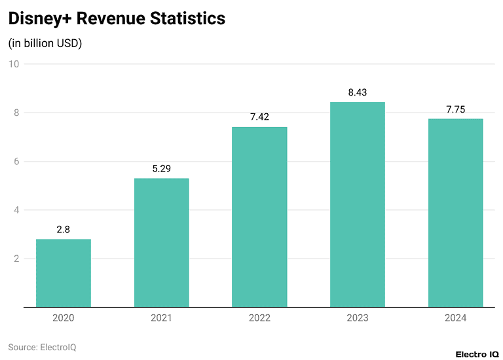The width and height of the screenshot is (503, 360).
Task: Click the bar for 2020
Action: [64, 273]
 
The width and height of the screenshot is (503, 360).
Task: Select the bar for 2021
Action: [161, 243]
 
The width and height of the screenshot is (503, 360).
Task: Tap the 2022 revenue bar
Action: [259, 217]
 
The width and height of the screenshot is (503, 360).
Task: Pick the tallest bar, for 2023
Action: [358, 204]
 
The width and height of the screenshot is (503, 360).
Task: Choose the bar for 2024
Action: [455, 213]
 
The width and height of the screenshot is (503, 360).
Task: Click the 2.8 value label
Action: [64, 230]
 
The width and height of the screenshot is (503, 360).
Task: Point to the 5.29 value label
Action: [161, 169]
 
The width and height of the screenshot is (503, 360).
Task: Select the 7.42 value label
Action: [259, 117]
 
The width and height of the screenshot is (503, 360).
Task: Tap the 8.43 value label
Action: [358, 92]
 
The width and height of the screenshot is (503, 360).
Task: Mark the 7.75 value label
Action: [455, 109]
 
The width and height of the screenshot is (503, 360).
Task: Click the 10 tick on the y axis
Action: [14, 64]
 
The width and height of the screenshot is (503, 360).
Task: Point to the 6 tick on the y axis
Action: [16, 162]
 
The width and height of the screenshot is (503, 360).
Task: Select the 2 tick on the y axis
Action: [16, 259]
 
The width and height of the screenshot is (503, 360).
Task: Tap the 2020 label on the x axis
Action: [64, 318]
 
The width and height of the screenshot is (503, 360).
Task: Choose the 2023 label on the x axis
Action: [358, 318]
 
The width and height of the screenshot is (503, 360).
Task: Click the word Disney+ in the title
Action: [40, 19]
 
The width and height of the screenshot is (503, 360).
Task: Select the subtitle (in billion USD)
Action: [45, 43]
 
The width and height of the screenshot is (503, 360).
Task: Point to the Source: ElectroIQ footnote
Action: [42, 347]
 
